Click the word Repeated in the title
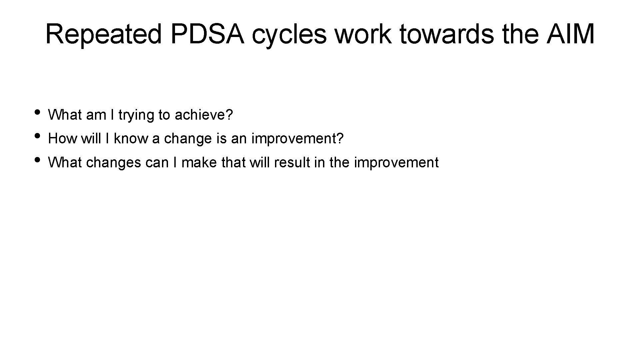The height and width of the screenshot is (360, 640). tap(103, 34)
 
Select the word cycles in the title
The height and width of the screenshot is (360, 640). tap(289, 34)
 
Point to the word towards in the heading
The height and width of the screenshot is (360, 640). tap(446, 34)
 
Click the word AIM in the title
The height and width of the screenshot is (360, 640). tap(570, 34)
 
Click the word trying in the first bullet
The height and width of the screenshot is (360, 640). tap(137, 115)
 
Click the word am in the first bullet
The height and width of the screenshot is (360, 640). tap(96, 115)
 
